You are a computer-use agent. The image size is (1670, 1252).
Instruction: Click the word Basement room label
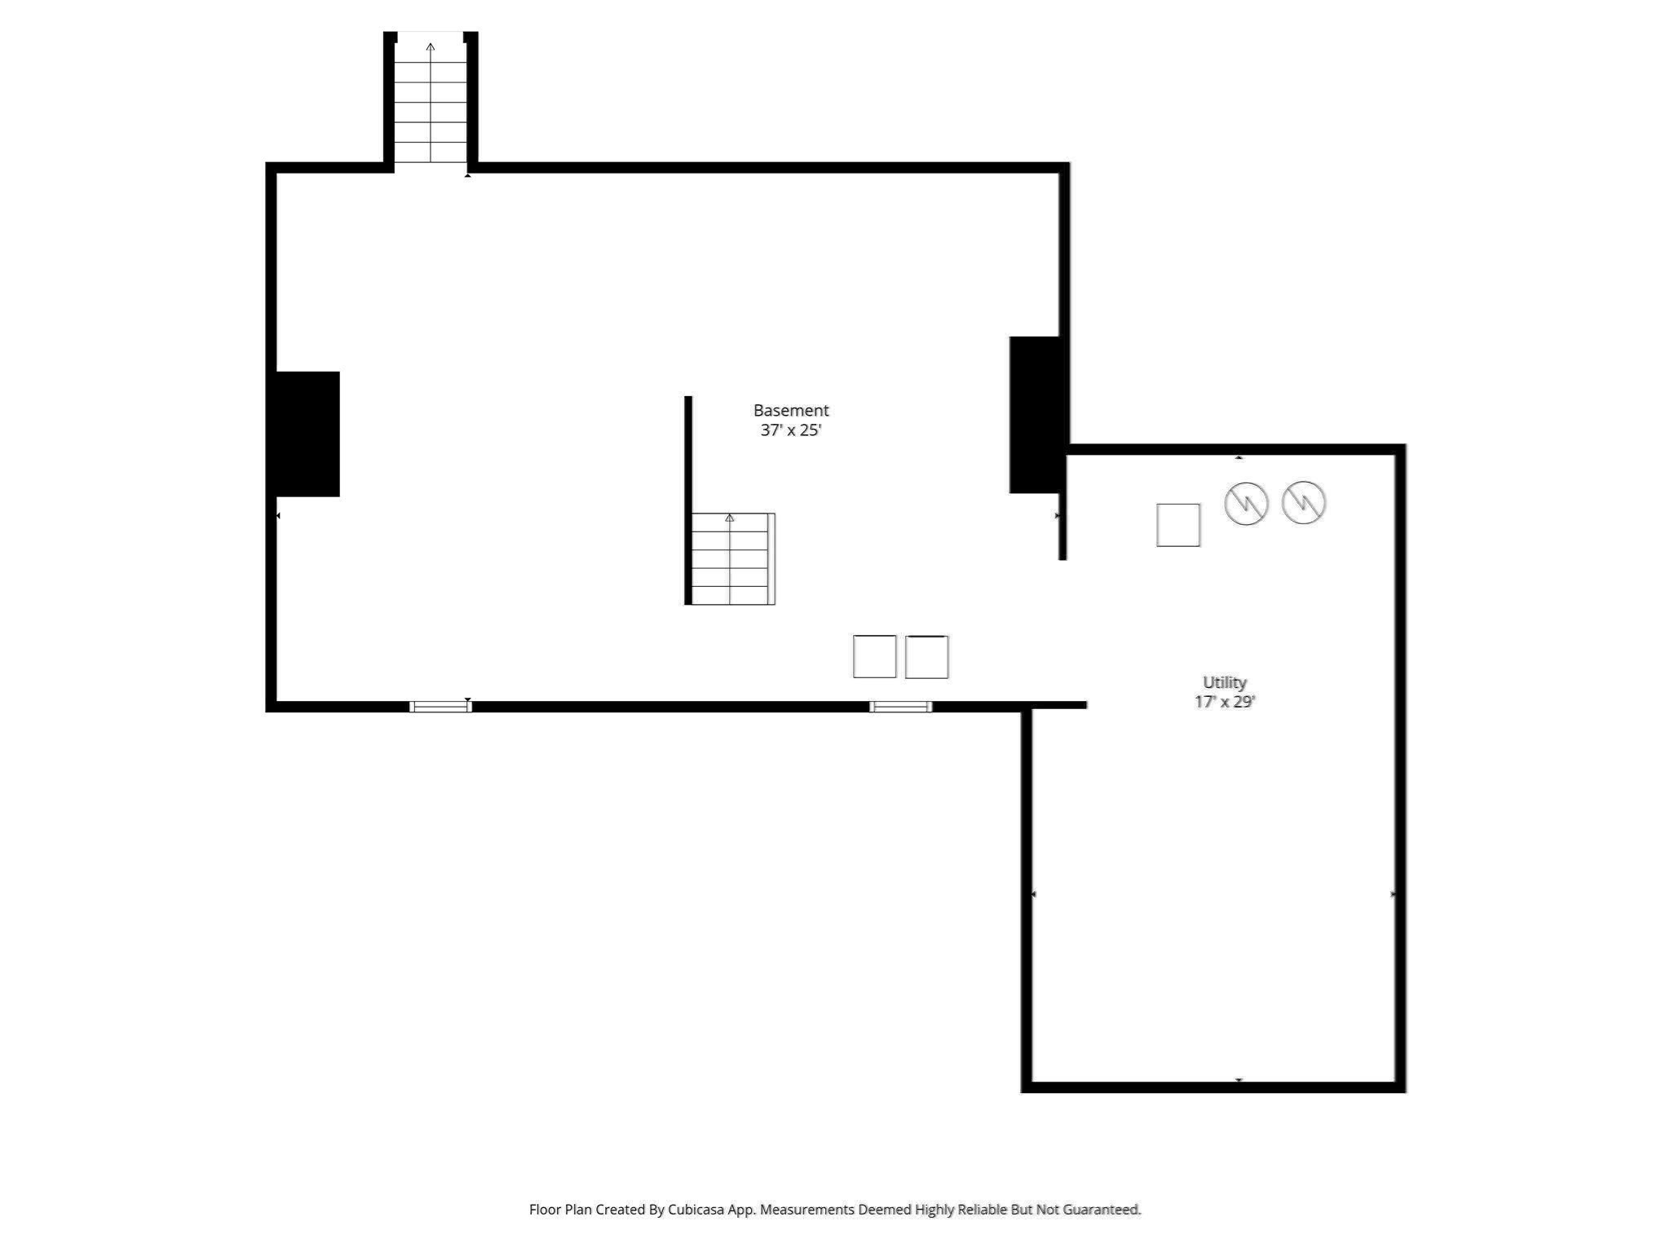point(790,410)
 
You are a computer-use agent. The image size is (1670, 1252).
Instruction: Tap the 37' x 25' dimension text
point(790,430)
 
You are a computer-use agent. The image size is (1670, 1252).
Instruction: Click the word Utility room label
point(1224,682)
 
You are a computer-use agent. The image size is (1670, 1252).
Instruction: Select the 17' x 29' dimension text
point(1224,702)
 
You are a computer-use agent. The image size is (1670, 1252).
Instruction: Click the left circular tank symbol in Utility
point(1246,503)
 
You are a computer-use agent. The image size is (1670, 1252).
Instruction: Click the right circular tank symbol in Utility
point(1303,502)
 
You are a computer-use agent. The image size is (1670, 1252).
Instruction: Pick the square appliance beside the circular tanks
point(1177,525)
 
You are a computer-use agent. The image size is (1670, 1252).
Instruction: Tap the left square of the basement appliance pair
point(874,656)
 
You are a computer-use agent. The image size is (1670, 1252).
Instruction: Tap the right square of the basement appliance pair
point(926,657)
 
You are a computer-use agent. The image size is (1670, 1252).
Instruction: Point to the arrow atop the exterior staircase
point(431,47)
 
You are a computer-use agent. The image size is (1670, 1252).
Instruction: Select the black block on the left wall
point(307,434)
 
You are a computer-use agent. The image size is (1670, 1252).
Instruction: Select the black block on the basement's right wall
point(1036,414)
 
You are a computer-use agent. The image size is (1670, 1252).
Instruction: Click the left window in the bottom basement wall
point(440,707)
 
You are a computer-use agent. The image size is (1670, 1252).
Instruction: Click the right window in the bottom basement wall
point(900,707)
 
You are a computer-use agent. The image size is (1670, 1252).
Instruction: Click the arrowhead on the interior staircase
point(729,518)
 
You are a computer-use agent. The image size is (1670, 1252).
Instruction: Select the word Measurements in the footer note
point(807,1210)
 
